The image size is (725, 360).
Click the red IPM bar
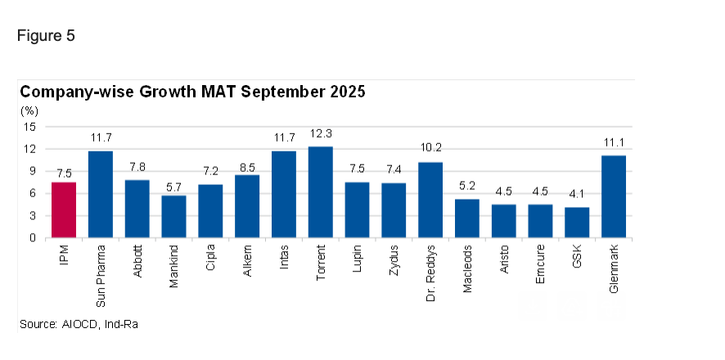click(x=64, y=210)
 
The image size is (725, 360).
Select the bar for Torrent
click(x=321, y=192)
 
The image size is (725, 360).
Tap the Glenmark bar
click(x=614, y=196)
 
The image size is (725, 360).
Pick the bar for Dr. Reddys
click(x=430, y=200)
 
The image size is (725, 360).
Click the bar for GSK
click(x=578, y=223)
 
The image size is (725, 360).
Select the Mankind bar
click(x=173, y=217)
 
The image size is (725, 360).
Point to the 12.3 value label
click(x=321, y=134)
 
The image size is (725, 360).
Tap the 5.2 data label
click(x=467, y=187)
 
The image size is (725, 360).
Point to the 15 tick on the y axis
click(x=31, y=127)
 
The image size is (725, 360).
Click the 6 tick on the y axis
click(x=34, y=193)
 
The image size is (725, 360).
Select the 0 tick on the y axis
click(x=34, y=238)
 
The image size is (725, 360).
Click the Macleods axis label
click(x=467, y=271)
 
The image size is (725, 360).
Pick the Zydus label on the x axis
click(x=394, y=263)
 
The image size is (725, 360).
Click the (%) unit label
click(x=29, y=110)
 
